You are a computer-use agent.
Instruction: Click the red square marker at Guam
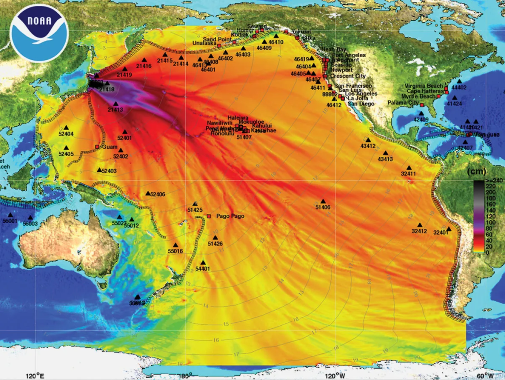click(97, 146)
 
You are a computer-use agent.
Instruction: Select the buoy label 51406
click(323, 207)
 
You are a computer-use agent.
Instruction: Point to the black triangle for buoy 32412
click(420, 225)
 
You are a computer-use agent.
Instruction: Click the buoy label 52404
click(66, 134)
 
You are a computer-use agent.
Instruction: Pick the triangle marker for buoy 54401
click(203, 263)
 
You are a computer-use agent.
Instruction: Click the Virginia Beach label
click(424, 86)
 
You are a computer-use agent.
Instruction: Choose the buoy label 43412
click(368, 146)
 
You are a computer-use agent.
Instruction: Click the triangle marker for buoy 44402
click(460, 81)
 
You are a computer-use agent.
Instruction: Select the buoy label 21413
click(116, 110)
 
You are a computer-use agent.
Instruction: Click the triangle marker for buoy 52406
click(148, 193)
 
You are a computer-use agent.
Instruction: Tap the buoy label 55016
click(175, 251)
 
